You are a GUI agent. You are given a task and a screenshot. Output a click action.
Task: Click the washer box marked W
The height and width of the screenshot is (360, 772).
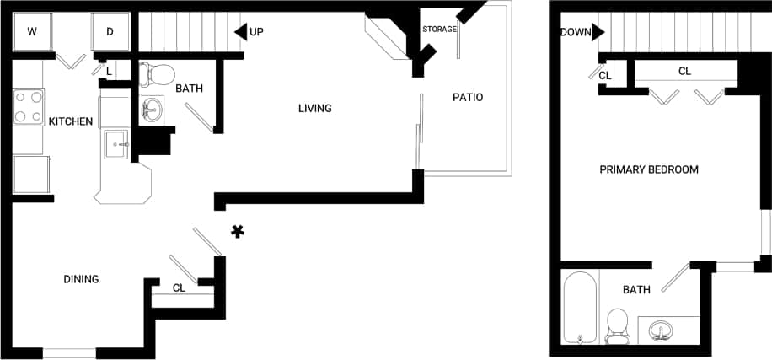pos(33,33)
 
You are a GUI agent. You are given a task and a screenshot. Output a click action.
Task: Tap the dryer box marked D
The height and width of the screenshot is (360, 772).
pos(110,33)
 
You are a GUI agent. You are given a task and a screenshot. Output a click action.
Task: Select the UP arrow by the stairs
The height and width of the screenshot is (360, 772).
pos(241,32)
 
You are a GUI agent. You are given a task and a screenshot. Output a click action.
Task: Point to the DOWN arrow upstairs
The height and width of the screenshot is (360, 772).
pos(598,32)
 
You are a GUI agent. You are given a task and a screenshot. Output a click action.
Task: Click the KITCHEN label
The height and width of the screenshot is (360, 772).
pos(70,121)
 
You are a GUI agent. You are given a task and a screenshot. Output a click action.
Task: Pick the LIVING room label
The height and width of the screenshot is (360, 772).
pos(314,108)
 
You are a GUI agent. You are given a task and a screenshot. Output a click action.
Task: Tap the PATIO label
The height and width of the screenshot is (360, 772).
pos(467,97)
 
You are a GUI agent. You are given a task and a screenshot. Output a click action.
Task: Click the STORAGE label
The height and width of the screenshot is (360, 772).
pos(440,30)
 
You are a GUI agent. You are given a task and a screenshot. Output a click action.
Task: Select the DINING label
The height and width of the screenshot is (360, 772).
pos(82,279)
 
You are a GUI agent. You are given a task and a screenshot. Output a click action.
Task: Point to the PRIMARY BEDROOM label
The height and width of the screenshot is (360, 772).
pos(648,169)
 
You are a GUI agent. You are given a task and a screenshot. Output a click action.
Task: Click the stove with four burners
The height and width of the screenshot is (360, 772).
pos(28,107)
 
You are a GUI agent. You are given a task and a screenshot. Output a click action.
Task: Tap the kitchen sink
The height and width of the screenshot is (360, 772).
pos(115,143)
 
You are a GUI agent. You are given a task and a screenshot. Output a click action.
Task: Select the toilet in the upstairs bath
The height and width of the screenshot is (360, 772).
pos(618,325)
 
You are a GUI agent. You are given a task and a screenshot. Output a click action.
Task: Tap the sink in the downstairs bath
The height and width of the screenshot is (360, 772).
pos(152,110)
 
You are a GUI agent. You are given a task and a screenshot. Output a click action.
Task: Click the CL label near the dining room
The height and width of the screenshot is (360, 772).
pos(179,287)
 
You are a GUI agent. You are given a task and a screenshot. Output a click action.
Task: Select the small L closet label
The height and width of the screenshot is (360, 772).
pos(110,73)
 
